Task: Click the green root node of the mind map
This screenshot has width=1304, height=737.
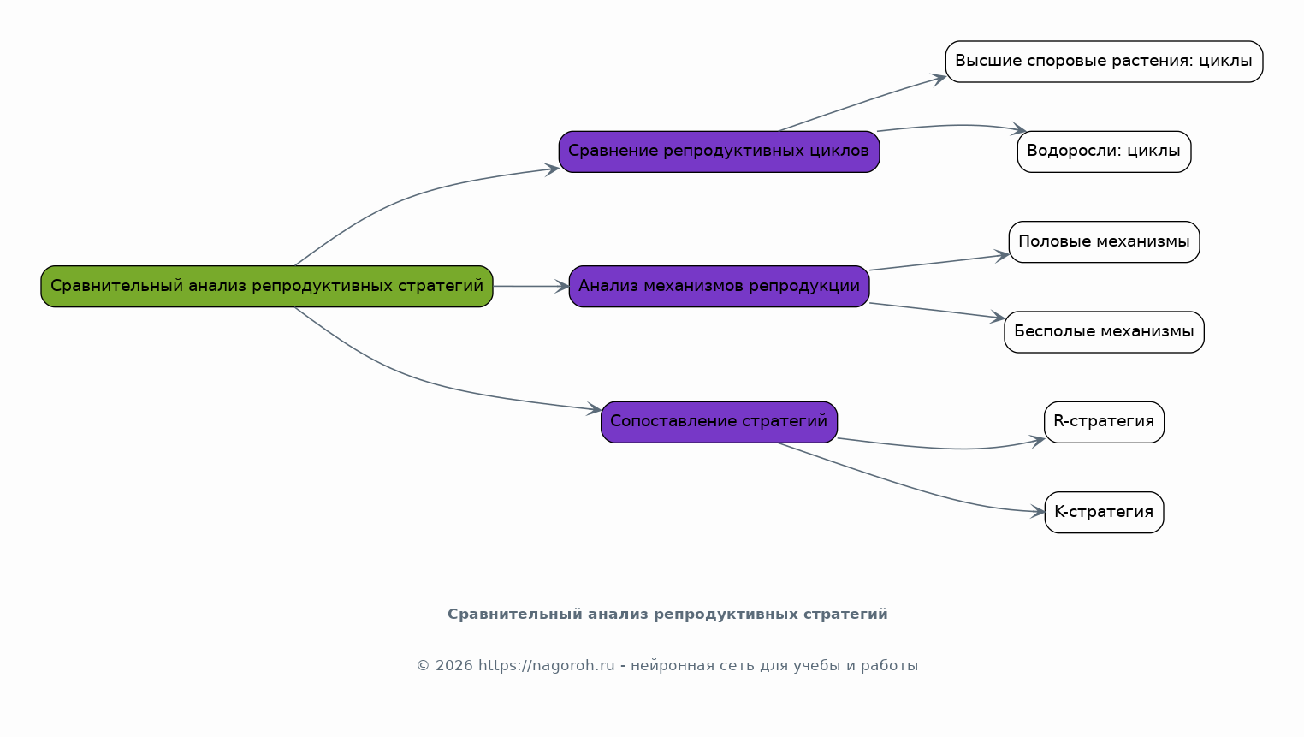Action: (x=267, y=287)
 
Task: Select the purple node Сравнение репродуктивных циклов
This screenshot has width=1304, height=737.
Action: (x=719, y=152)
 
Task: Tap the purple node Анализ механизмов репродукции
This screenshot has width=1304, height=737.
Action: (x=719, y=287)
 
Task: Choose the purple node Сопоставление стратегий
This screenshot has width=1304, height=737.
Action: (x=719, y=422)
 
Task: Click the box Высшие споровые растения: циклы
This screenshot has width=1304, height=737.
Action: (x=1104, y=61)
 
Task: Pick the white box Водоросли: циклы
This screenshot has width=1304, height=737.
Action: (x=1104, y=152)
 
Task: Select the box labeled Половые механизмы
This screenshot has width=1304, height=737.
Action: (x=1104, y=241)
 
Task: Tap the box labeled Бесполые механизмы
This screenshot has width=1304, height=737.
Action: (x=1104, y=332)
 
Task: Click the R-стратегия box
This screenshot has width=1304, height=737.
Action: (x=1104, y=422)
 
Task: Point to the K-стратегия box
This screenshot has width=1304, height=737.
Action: (x=1104, y=512)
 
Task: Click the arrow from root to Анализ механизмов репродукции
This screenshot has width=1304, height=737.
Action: (x=530, y=287)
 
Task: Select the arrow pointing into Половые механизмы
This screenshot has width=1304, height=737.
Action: (x=939, y=262)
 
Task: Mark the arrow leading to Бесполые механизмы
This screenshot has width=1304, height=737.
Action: (x=937, y=310)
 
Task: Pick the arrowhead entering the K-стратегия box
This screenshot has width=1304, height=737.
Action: (x=1038, y=512)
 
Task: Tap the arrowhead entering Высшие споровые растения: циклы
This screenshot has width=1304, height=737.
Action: (x=939, y=79)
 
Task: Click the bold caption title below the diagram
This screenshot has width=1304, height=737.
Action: (x=667, y=615)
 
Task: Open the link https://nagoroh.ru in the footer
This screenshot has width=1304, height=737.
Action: (x=546, y=665)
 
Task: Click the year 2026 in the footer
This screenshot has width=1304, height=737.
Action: (x=453, y=665)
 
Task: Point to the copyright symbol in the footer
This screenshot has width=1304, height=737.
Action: (x=423, y=665)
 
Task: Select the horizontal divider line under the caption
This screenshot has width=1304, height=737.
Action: (x=667, y=639)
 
